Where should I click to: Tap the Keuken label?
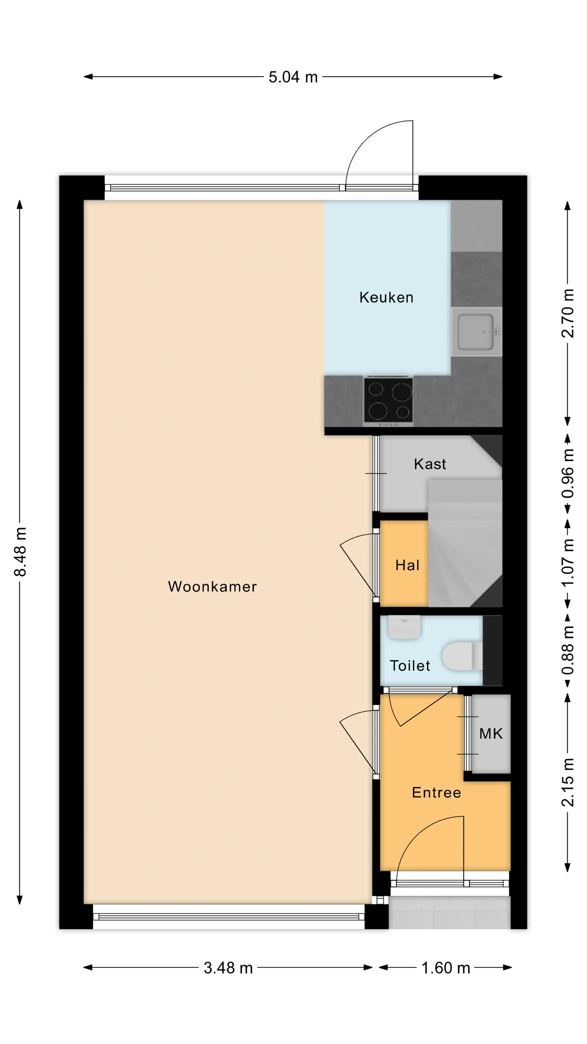click(x=386, y=297)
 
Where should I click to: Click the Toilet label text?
click(x=410, y=666)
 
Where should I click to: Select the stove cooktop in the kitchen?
click(x=388, y=400)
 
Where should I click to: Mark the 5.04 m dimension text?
click(x=293, y=77)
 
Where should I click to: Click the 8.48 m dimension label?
click(x=20, y=552)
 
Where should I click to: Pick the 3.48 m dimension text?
click(x=228, y=968)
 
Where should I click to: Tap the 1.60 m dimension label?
click(x=446, y=968)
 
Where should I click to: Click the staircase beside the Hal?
click(x=465, y=543)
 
